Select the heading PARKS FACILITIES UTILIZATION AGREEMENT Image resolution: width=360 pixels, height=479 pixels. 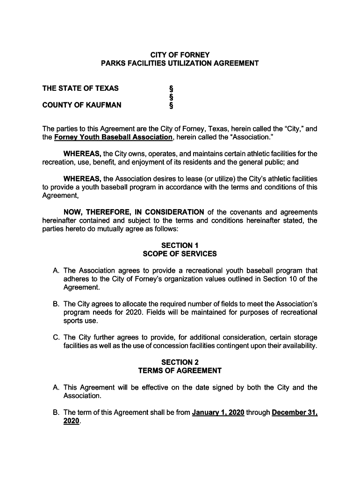click(180, 63)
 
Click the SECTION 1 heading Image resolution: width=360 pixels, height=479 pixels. click(180, 245)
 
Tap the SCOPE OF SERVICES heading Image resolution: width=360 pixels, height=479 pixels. click(180, 254)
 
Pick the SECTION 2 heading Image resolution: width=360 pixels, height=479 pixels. click(180, 362)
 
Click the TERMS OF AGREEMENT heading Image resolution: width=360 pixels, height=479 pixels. click(180, 371)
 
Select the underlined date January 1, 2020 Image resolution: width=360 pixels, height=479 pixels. click(218, 413)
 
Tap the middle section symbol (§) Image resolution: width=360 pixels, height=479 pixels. click(170, 97)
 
